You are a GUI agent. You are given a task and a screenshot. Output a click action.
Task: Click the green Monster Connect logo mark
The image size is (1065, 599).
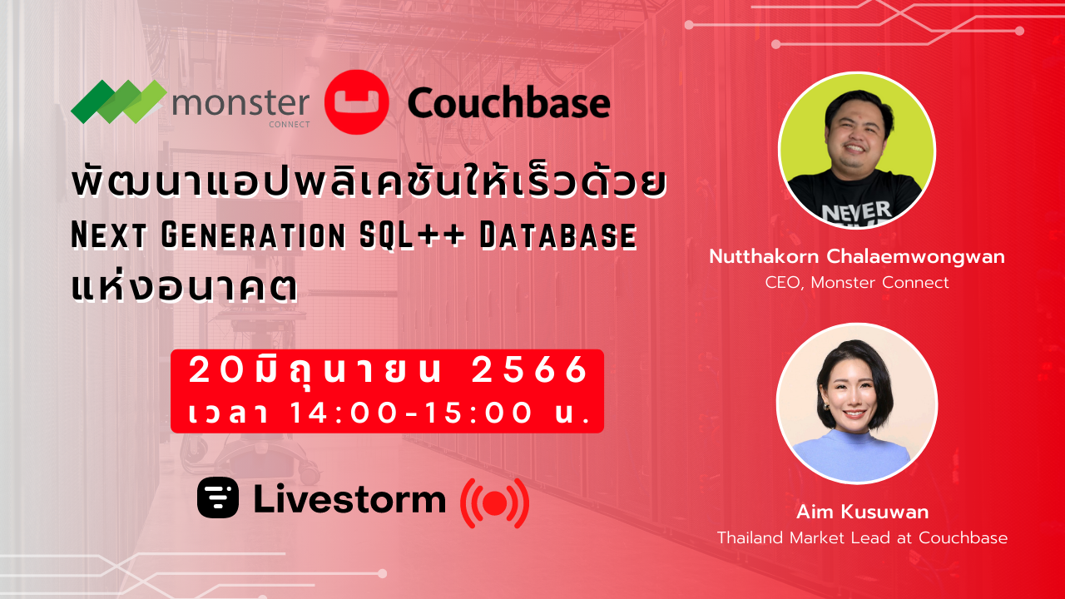(x=118, y=102)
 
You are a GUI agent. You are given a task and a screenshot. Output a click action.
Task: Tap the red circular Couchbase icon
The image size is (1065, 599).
(x=356, y=102)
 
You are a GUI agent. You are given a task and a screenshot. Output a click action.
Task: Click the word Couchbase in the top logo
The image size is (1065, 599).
(x=508, y=104)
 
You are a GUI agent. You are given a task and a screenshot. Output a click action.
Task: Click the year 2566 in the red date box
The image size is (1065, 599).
(x=530, y=371)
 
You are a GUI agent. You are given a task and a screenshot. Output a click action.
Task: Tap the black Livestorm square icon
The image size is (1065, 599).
(x=218, y=498)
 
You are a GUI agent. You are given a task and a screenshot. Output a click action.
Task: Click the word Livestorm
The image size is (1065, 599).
(x=349, y=499)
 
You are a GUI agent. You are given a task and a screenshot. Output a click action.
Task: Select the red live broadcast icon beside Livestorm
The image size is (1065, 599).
(x=494, y=502)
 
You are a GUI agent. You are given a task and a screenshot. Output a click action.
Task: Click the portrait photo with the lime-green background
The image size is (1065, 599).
(x=857, y=151)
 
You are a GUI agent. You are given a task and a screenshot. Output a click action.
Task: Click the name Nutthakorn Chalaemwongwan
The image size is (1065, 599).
(x=857, y=257)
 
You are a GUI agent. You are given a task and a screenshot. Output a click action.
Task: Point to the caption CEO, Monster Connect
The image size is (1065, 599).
(x=857, y=283)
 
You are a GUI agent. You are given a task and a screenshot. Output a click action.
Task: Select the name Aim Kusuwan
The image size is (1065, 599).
(x=862, y=511)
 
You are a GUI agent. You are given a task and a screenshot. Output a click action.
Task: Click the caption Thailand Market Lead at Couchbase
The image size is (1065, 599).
(x=862, y=537)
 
